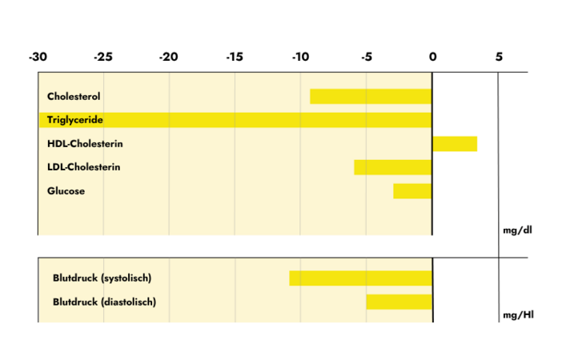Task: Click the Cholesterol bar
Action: point(371,96)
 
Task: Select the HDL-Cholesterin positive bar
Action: point(455,144)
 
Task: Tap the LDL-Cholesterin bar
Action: point(393,167)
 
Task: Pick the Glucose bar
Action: point(412,191)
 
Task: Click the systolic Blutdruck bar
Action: point(360,278)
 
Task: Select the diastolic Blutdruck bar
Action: point(399,302)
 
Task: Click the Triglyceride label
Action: point(76,120)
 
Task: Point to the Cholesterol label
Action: point(74,96)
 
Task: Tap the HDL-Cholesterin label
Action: point(85,144)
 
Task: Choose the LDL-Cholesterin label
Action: point(84,167)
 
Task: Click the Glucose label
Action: point(66,191)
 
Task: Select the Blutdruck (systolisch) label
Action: point(102,278)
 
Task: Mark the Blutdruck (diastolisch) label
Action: point(104,302)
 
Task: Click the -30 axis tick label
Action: point(37,57)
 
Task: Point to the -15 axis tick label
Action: point(234,57)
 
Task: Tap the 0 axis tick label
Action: point(432,57)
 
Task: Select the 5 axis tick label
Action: point(499,57)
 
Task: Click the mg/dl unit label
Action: point(517,230)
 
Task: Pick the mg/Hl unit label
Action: point(518,315)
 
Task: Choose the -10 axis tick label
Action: point(299,57)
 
